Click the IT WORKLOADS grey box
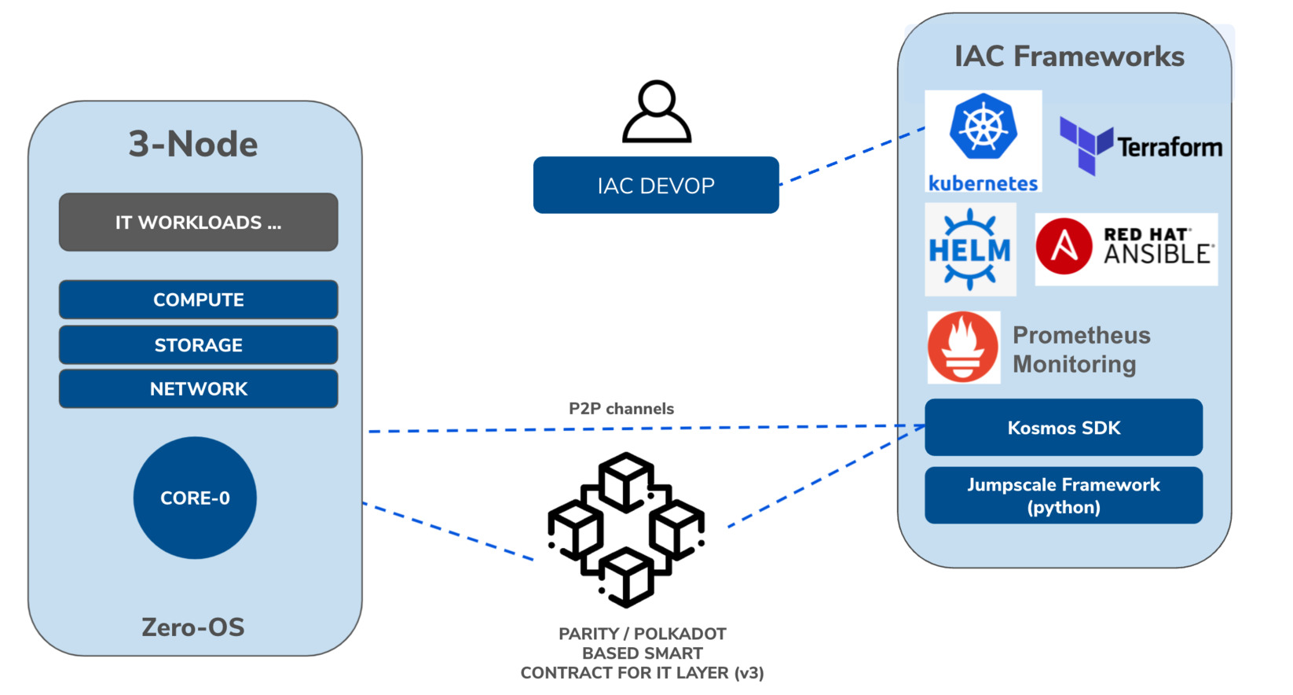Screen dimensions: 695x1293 coord(198,222)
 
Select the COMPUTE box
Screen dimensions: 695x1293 coord(198,300)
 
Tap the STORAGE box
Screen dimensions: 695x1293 coord(198,345)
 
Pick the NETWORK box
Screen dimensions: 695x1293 coord(198,389)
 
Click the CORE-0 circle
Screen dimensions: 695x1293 coord(195,498)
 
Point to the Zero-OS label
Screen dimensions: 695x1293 coord(193,627)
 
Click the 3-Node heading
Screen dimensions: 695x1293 coord(193,145)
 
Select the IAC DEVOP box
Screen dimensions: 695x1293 coord(656,186)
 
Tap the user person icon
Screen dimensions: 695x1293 coord(657,112)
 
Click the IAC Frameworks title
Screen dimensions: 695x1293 coord(1069,57)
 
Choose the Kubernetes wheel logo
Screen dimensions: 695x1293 coord(983,127)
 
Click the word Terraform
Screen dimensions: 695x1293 coord(1170,147)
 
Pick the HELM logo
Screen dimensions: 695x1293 coord(970,250)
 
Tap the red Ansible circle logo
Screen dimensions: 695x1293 coord(1064,246)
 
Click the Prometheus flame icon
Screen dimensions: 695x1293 coord(963,347)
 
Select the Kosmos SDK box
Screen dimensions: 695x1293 coord(1064,428)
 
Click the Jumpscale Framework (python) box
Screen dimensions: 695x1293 coord(1064,495)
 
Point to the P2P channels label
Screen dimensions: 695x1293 coord(621,409)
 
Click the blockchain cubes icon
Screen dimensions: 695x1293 coord(626,529)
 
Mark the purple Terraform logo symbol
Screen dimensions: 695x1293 coord(1086,145)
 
